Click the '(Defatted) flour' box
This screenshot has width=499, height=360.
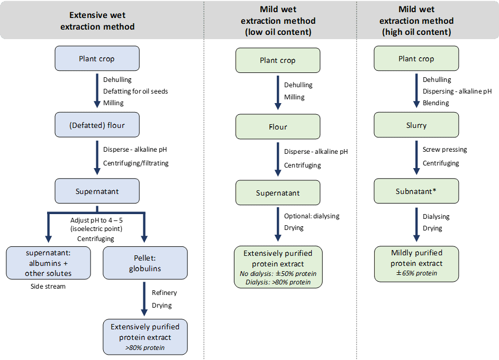[x=97, y=125]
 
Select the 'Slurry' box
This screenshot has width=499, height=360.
[x=416, y=125]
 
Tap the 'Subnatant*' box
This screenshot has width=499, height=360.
[x=416, y=191]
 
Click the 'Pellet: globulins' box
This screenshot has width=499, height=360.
[x=145, y=263]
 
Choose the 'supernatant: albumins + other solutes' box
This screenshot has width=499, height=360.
[x=48, y=263]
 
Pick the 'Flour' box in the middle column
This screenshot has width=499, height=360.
[x=278, y=127]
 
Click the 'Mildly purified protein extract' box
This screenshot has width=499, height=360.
[x=416, y=263]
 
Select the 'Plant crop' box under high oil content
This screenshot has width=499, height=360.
[x=416, y=59]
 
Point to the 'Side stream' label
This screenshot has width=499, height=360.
[x=48, y=285]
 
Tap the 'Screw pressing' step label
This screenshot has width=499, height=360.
[x=444, y=150]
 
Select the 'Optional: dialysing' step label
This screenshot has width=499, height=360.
[x=312, y=216]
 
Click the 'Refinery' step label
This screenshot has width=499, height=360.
[x=164, y=292]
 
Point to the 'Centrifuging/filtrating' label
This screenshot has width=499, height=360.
[x=136, y=163]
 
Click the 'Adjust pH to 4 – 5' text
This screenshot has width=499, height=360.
[x=96, y=220]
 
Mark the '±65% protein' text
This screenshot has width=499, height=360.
[x=416, y=273]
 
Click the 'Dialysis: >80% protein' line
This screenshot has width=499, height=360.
[x=278, y=282]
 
